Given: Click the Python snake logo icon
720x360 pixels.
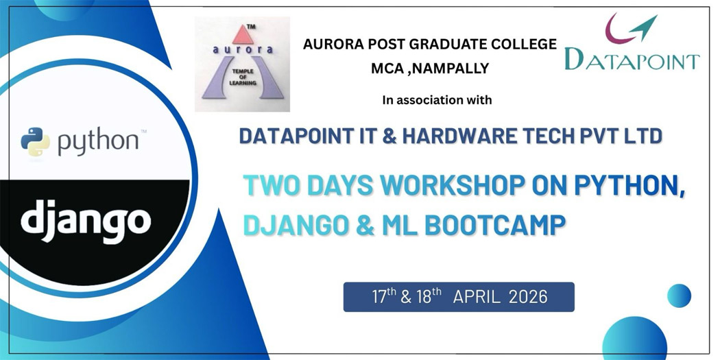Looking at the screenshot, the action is pyautogui.click(x=36, y=142).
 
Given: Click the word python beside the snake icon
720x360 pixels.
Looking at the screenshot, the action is pyautogui.click(x=98, y=142).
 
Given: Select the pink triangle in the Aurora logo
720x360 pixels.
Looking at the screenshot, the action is pyautogui.click(x=243, y=34).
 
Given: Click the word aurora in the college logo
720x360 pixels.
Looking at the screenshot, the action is pyautogui.click(x=243, y=49).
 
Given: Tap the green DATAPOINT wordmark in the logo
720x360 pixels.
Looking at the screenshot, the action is pyautogui.click(x=632, y=59).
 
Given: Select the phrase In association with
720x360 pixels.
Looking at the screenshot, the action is pyautogui.click(x=437, y=99).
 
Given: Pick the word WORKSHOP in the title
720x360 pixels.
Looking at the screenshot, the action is pyautogui.click(x=453, y=186).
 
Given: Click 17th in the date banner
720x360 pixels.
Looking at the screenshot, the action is pyautogui.click(x=384, y=296).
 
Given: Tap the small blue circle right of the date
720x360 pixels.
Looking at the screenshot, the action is pyautogui.click(x=679, y=296).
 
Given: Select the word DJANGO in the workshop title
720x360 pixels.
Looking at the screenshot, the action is pyautogui.click(x=295, y=226).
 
